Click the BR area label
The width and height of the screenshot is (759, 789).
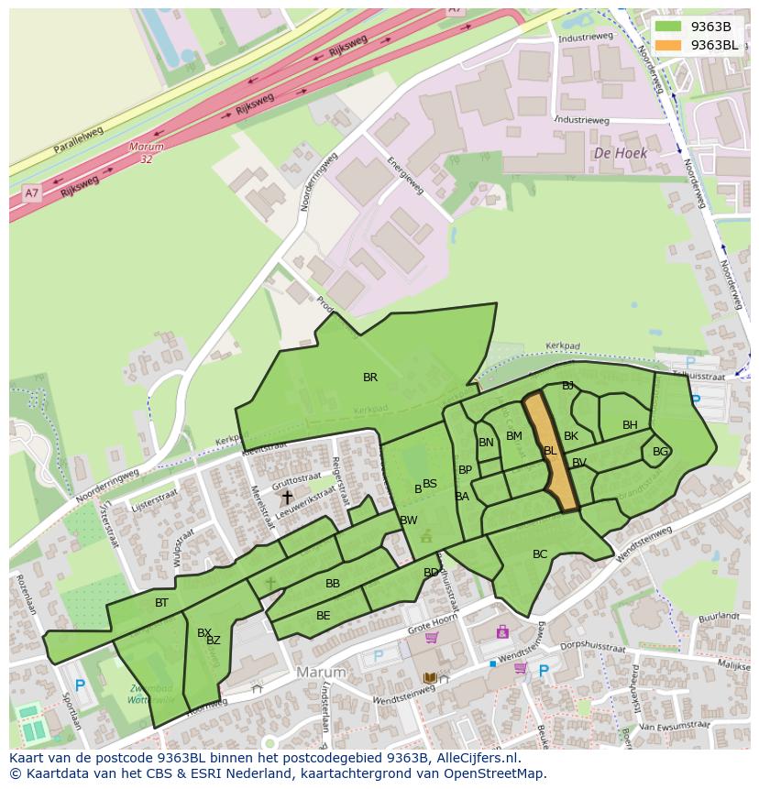370,378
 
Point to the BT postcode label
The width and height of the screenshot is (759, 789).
161,603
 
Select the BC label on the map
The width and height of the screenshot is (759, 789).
540,554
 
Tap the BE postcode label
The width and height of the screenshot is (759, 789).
323,616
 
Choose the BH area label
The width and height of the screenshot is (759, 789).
630,425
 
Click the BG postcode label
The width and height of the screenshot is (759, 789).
660,452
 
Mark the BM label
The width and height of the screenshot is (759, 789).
513,436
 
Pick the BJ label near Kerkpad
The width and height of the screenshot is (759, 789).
567,386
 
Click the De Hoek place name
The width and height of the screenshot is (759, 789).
621,154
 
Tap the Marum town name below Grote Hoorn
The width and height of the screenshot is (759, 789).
321,673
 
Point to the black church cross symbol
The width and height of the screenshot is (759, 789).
287,497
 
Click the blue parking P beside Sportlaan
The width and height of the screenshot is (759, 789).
80,685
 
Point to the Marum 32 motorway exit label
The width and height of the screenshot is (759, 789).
146,153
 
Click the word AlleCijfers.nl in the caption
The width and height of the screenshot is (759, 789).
478,758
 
